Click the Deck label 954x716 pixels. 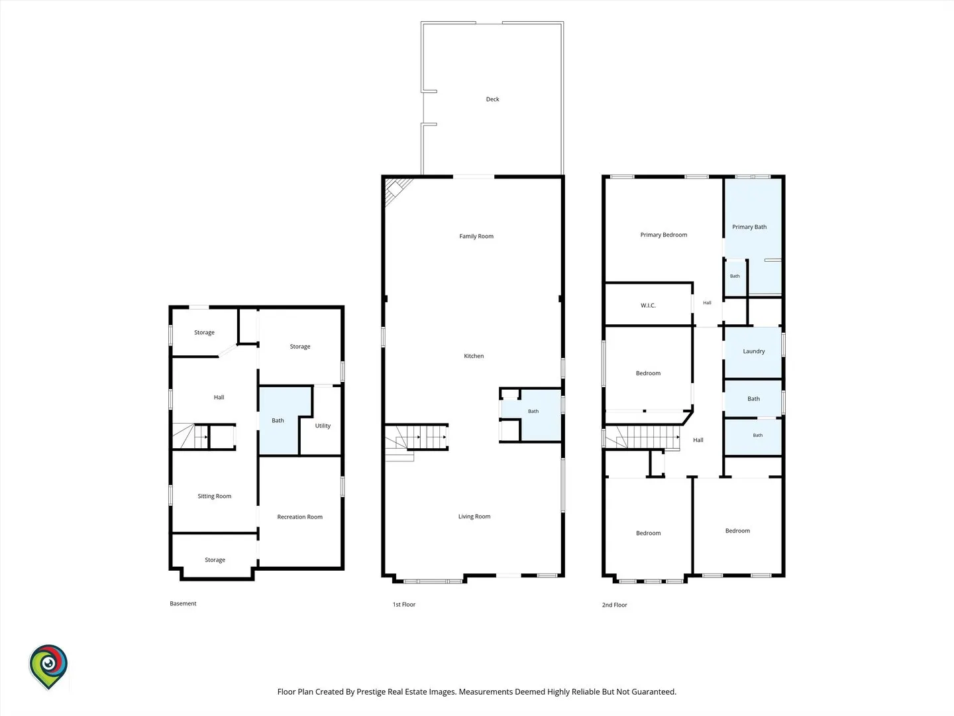[492, 99]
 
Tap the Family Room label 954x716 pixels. [476, 236]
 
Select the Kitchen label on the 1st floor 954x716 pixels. [474, 355]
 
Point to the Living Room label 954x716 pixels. [474, 516]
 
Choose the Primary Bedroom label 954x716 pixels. [664, 235]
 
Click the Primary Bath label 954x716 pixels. [749, 227]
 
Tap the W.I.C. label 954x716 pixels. [648, 305]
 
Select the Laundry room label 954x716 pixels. [754, 351]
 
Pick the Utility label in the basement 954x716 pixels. [323, 426]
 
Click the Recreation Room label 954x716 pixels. [300, 517]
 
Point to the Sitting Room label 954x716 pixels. [214, 496]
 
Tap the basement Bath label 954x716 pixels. [278, 420]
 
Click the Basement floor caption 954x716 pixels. [183, 603]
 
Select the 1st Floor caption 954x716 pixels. [403, 604]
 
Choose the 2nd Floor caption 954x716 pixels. [614, 605]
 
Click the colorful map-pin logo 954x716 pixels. [48, 666]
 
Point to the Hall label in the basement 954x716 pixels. [219, 397]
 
